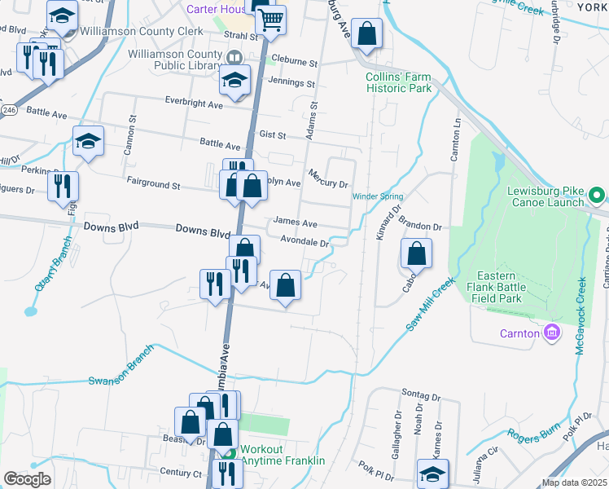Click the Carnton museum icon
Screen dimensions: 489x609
[551, 333]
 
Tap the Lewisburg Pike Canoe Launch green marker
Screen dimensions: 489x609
[596, 196]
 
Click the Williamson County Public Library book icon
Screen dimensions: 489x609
[234, 57]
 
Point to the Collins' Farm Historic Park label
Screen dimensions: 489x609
[398, 82]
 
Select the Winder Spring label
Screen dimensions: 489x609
[378, 196]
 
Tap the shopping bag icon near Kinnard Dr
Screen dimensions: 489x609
[416, 255]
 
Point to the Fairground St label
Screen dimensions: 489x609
[153, 185]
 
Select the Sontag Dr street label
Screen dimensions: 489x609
[420, 397]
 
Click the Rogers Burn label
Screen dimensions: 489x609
[534, 435]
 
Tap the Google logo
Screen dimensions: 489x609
[27, 479]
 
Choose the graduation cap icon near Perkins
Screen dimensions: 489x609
[88, 143]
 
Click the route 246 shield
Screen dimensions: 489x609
[9, 109]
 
